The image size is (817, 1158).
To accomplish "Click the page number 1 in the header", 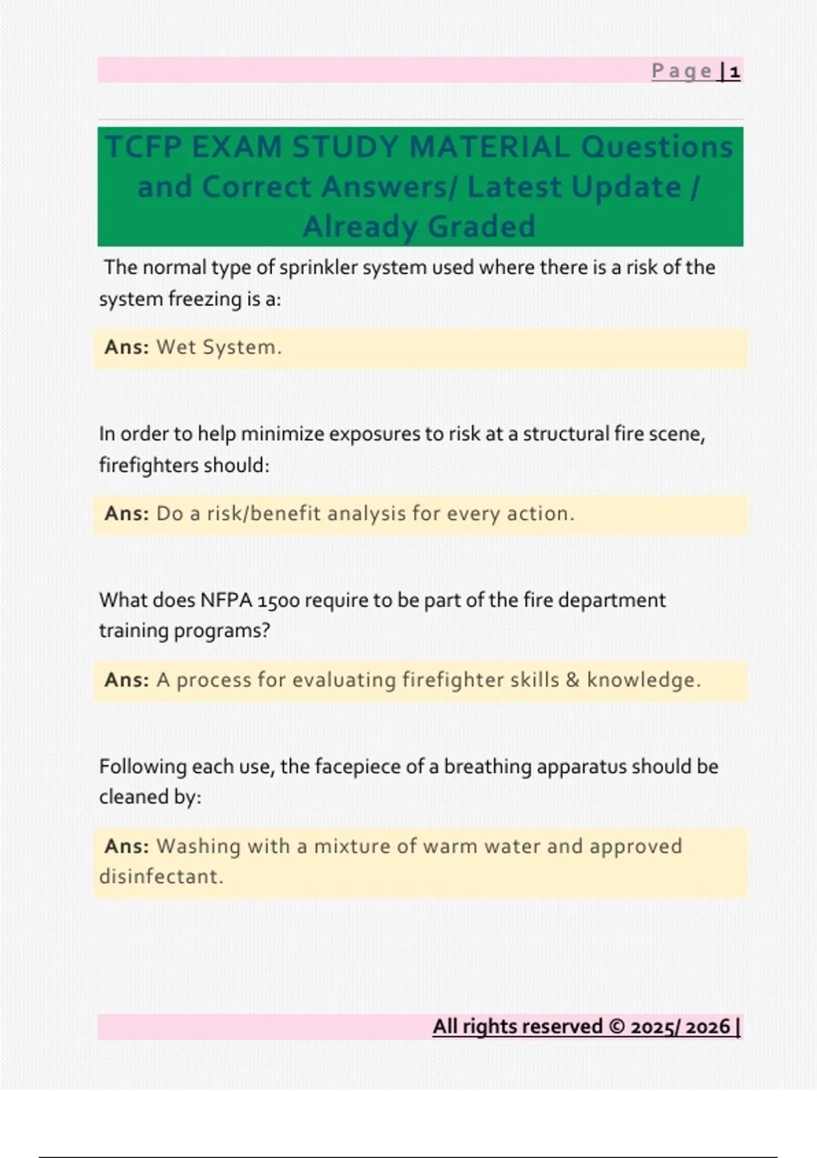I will coord(735,72).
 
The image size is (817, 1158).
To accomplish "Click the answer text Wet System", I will coord(219,347).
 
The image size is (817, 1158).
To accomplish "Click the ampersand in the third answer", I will coord(573,680).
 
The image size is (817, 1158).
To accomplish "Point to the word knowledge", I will coord(643,680).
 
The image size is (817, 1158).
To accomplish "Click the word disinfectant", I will coord(161,877).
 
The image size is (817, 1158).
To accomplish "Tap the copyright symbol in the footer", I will coord(617,1027).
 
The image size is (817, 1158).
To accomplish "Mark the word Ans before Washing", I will coord(125,846).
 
